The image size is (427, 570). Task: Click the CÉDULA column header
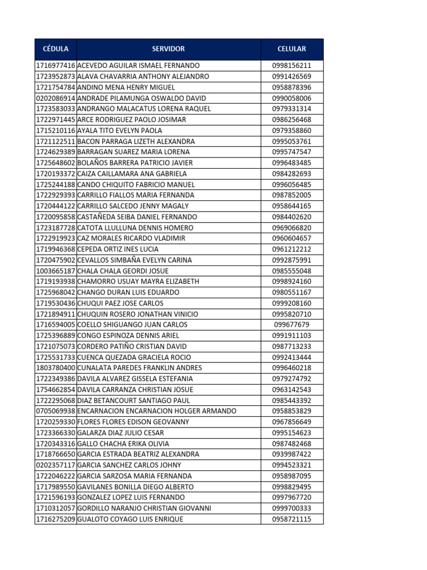pos(56,49)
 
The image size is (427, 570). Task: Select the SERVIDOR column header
pos(168,49)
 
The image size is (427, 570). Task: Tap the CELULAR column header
pos(292,49)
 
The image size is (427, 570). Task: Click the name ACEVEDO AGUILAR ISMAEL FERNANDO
pos(138,66)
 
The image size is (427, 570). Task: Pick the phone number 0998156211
pos(292,66)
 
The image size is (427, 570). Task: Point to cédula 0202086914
pos(56,98)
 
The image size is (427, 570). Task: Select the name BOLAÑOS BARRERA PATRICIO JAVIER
pos(135,163)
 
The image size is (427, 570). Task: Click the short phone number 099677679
pos(292,325)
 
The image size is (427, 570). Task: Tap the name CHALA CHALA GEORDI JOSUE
pos(123,271)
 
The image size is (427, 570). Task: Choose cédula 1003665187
pos(56,271)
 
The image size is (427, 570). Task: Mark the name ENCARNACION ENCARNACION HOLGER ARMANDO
pos(157,411)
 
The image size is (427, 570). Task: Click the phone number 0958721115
pos(292,519)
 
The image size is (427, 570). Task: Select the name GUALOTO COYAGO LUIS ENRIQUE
pos(130,519)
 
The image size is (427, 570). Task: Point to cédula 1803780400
pos(56,368)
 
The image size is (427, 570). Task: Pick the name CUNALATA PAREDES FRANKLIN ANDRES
pos(140,368)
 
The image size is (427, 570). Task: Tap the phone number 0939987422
pos(292,454)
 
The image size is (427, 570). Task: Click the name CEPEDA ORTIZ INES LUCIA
pos(118,249)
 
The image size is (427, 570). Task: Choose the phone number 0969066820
pos(292,228)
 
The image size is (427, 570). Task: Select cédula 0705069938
pos(56,411)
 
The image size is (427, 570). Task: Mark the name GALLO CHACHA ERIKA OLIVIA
pos(123,444)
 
